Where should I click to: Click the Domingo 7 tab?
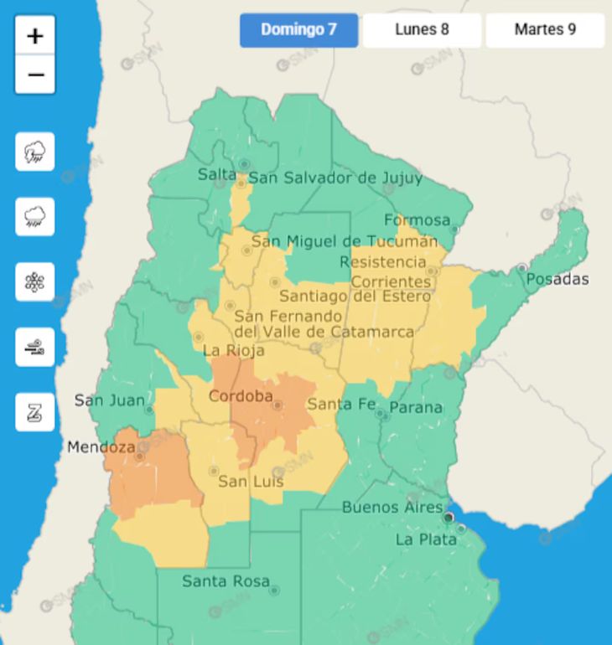click(298, 30)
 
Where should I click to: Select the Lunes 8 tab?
click(422, 30)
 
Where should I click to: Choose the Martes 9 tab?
click(545, 30)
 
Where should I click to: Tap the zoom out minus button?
click(35, 75)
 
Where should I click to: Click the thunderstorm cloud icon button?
click(35, 152)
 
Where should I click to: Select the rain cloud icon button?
click(35, 217)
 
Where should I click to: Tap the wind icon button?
click(35, 347)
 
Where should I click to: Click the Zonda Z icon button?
click(35, 412)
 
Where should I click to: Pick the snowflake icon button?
click(35, 282)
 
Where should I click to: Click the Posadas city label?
click(557, 279)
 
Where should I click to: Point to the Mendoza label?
click(101, 447)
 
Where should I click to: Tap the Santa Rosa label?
click(226, 580)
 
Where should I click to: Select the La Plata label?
click(426, 539)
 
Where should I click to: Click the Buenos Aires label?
click(392, 508)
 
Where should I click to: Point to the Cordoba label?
click(241, 396)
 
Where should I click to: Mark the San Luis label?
click(251, 482)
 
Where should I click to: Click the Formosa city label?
click(417, 220)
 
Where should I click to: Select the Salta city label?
click(216, 174)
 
